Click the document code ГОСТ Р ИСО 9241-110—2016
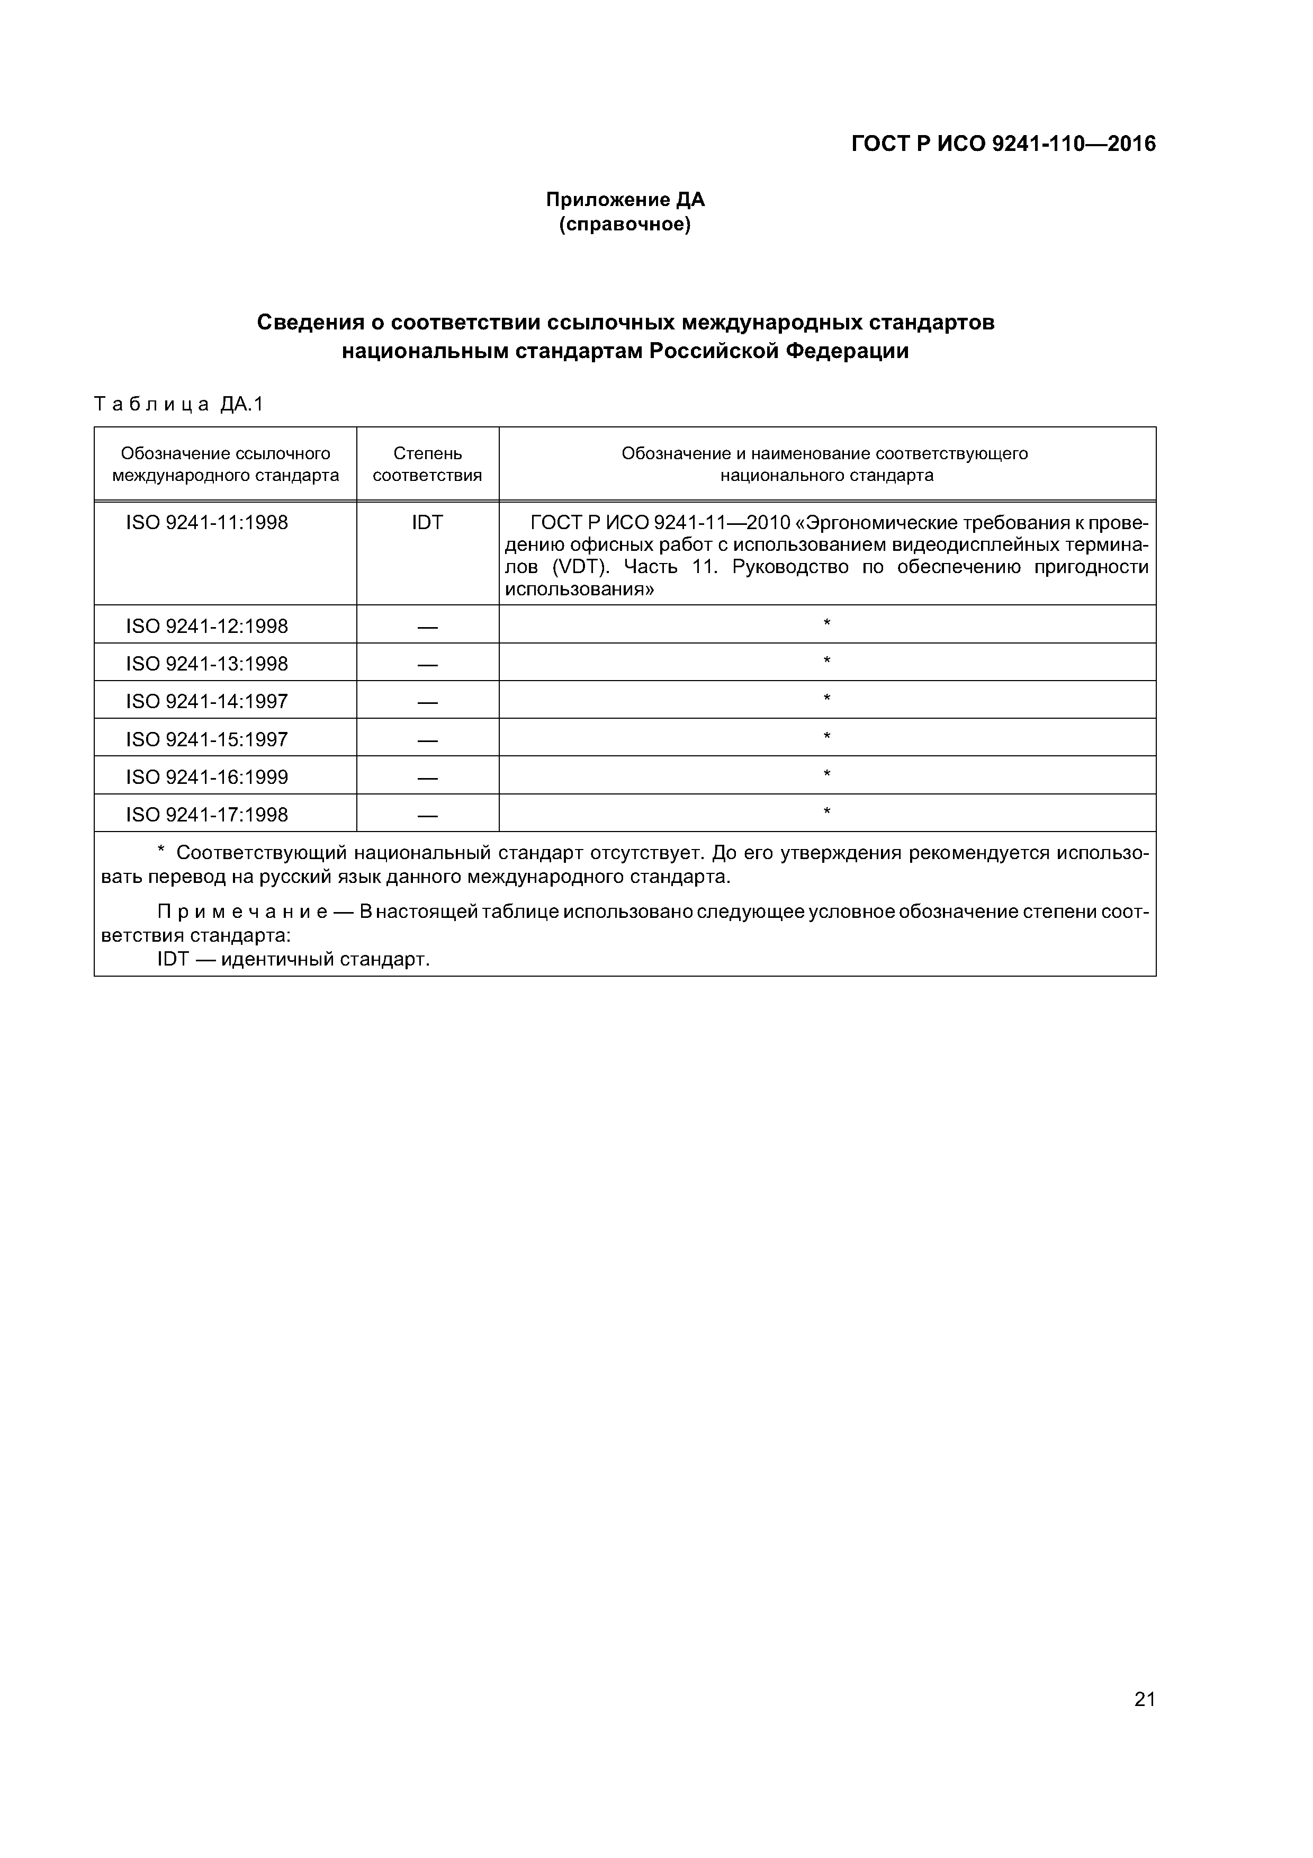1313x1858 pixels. point(1003,144)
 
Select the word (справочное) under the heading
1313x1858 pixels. point(625,224)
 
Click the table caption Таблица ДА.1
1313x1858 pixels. point(179,404)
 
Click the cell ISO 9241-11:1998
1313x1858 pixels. point(206,523)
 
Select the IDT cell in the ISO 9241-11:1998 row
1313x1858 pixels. point(427,523)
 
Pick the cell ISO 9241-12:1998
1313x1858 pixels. point(206,626)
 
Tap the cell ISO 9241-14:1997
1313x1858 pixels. point(206,701)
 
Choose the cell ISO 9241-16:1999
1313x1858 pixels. point(206,777)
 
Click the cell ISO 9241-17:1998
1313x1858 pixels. point(206,814)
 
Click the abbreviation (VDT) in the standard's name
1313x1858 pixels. point(580,567)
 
